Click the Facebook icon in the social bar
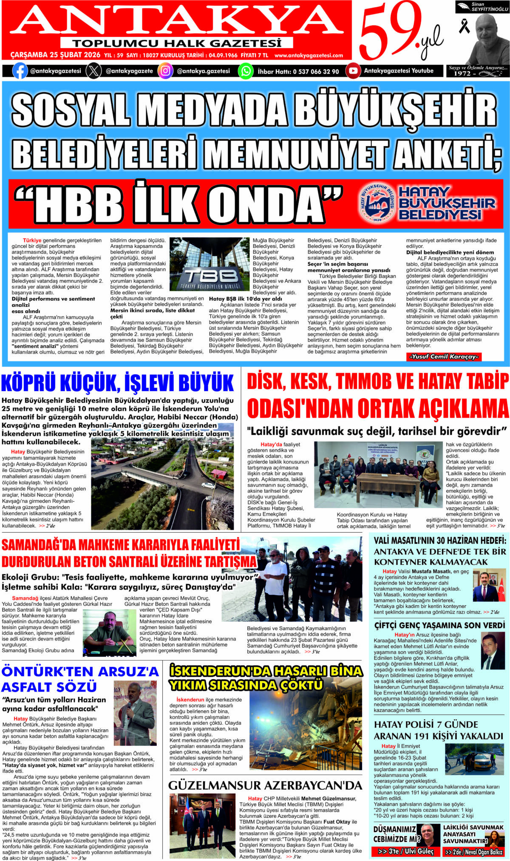pyautogui.click(x=20, y=71)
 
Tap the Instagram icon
pyautogui.click(x=165, y=71)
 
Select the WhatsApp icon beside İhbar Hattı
pyautogui.click(x=246, y=71)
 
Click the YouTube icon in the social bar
pyautogui.click(x=353, y=71)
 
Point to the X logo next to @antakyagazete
pyautogui.click(x=93, y=71)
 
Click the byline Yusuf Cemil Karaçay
pyautogui.click(x=444, y=357)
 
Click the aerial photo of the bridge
pyautogui.click(x=162, y=483)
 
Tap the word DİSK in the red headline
pyautogui.click(x=266, y=381)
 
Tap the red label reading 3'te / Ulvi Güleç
pyautogui.click(x=405, y=851)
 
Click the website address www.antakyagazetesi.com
pyautogui.click(x=309, y=55)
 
